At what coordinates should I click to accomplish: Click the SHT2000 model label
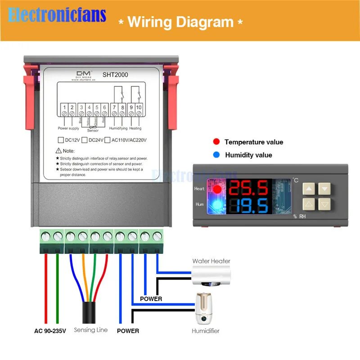(116, 75)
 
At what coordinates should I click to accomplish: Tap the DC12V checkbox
(60, 140)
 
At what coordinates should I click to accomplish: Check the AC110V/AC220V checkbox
(107, 140)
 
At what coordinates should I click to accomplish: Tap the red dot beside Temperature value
(216, 142)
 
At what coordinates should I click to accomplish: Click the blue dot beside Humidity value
(216, 155)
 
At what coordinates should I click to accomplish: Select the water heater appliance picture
(211, 275)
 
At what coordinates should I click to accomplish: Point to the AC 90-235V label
(50, 331)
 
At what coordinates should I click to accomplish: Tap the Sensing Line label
(90, 330)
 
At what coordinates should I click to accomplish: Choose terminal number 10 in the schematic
(139, 107)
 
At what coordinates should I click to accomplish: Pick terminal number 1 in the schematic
(65, 107)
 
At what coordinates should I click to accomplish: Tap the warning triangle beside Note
(58, 151)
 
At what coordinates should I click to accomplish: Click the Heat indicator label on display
(199, 189)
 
